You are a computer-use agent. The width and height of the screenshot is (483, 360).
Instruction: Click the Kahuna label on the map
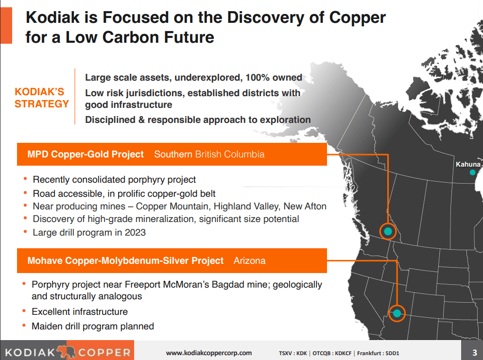tap(468, 165)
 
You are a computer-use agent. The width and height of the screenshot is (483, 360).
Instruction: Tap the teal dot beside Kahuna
tap(472, 172)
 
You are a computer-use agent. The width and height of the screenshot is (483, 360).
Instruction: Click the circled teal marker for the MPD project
tap(388, 232)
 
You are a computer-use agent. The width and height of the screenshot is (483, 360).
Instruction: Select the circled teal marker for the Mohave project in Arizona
tap(397, 313)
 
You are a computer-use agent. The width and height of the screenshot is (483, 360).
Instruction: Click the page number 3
tap(474, 352)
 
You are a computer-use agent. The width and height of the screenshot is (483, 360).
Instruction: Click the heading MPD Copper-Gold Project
tap(86, 154)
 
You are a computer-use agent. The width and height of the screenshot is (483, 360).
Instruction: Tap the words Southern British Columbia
tap(209, 154)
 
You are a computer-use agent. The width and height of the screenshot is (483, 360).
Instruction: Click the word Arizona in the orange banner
tap(250, 261)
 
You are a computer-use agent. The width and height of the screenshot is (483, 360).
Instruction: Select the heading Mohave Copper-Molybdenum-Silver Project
tap(125, 261)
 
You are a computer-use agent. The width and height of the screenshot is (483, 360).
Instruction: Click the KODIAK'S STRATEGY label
tap(42, 98)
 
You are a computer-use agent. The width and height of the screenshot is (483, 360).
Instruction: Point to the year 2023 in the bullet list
tap(136, 232)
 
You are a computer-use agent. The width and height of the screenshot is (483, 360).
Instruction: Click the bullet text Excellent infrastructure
tap(80, 311)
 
